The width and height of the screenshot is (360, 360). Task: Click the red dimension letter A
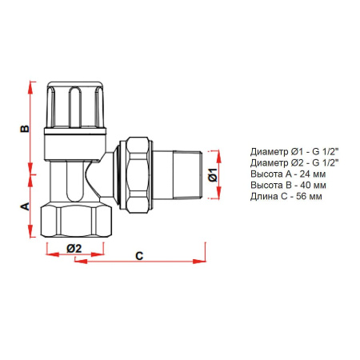(x=24, y=206)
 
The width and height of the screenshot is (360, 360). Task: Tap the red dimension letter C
(x=138, y=256)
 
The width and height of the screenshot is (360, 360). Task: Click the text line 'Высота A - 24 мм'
(x=287, y=174)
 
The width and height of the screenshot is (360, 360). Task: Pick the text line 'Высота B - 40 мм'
(x=287, y=185)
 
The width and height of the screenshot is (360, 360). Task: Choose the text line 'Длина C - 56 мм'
(x=286, y=196)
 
